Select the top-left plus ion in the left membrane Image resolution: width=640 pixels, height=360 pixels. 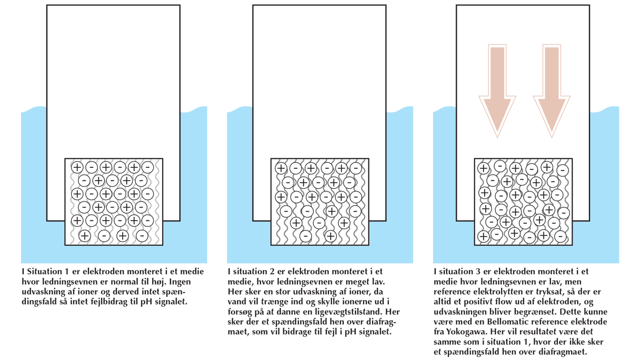[77, 167]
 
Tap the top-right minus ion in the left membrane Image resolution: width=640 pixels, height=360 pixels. [148, 167]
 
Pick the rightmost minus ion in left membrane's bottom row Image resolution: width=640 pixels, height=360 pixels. [142, 236]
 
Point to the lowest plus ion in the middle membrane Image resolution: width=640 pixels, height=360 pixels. [331, 236]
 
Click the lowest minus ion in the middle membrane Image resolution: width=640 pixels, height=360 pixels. [305, 236]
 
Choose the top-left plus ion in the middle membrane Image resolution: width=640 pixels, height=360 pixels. [281, 168]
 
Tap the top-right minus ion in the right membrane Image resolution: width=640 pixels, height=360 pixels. [563, 170]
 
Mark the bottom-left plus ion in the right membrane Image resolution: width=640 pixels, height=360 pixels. [483, 237]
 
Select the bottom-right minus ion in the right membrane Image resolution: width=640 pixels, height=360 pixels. [560, 237]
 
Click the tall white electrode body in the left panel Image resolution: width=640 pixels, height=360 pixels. [113, 79]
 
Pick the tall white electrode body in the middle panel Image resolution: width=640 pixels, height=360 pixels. [319, 79]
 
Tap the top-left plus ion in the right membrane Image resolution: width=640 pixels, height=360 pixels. [483, 168]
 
